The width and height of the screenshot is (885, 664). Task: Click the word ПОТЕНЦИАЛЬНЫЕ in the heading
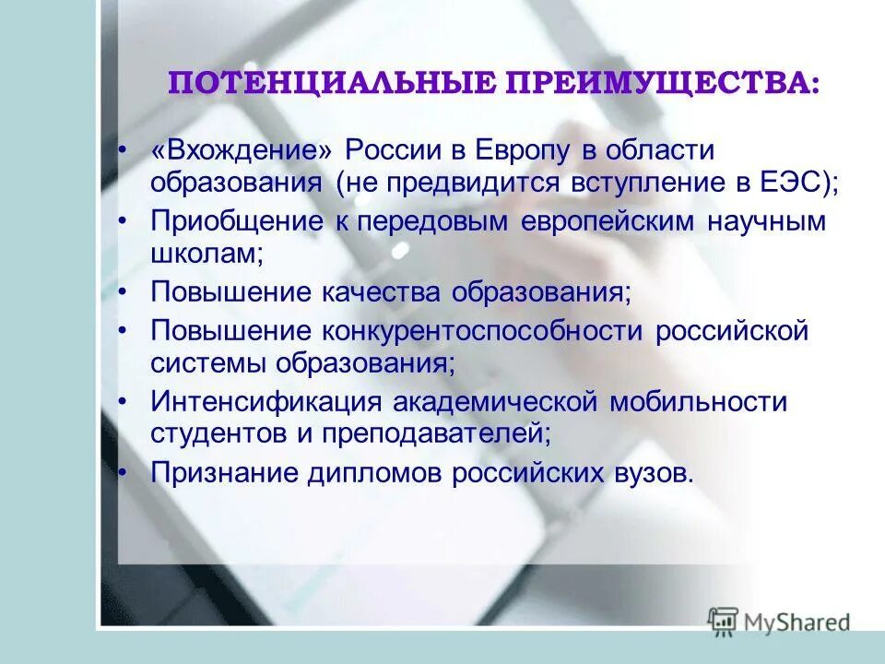pos(329,84)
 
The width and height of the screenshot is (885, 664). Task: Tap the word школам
pos(206,255)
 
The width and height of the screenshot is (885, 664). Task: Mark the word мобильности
pos(697,403)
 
